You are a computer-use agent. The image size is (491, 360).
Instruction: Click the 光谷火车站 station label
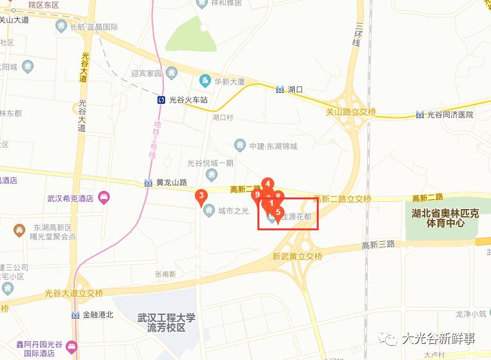coord(188,100)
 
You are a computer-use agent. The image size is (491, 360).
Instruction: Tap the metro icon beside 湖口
coord(279,90)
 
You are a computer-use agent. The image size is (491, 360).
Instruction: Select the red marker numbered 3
coord(202,196)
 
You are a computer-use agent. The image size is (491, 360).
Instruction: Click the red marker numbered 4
coord(268,184)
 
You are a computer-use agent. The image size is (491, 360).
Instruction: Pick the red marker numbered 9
coord(257,195)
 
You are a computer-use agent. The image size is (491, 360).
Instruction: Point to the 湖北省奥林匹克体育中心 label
coord(445,218)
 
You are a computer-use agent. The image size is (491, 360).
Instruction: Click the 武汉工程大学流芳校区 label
coord(166,323)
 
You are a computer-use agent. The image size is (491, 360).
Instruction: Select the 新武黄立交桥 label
coord(297,256)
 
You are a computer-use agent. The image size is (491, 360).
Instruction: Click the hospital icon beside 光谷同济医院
coord(420,115)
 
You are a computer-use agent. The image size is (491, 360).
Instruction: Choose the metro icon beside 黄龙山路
coord(149,183)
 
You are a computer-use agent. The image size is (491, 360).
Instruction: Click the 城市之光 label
coord(233,210)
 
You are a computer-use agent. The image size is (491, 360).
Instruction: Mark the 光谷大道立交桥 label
coord(74,294)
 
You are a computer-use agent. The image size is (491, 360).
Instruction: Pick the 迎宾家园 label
coord(146,74)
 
